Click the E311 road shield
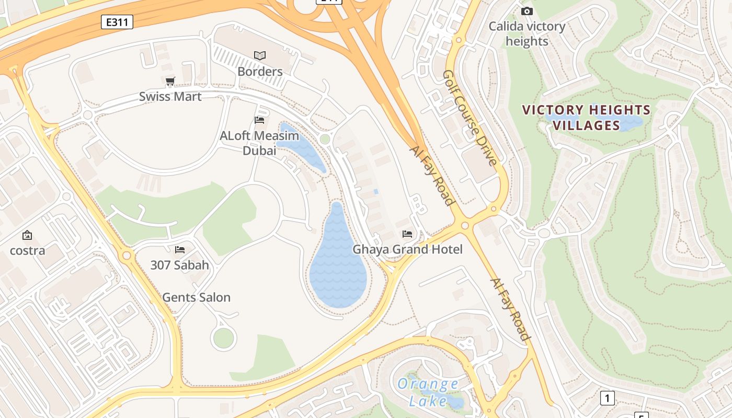117,22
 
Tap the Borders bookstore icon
260,55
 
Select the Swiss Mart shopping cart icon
170,82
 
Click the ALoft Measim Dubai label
259,143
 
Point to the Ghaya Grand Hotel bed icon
407,234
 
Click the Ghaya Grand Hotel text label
407,249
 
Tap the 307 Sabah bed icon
180,250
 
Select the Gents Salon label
196,297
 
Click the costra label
27,250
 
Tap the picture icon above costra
27,236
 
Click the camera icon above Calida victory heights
527,11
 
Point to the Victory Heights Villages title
586,118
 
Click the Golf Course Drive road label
469,118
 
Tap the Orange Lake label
428,392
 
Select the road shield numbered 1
607,398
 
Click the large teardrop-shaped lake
338,266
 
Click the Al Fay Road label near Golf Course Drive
431,175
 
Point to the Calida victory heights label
527,33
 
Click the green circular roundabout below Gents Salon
223,339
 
